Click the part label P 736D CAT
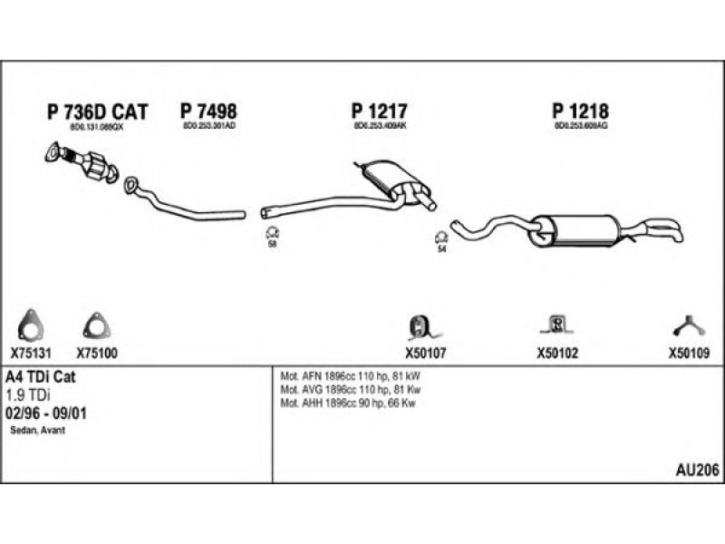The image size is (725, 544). tap(96, 112)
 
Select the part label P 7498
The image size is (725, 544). tap(208, 112)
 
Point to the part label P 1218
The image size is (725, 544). tap(580, 112)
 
